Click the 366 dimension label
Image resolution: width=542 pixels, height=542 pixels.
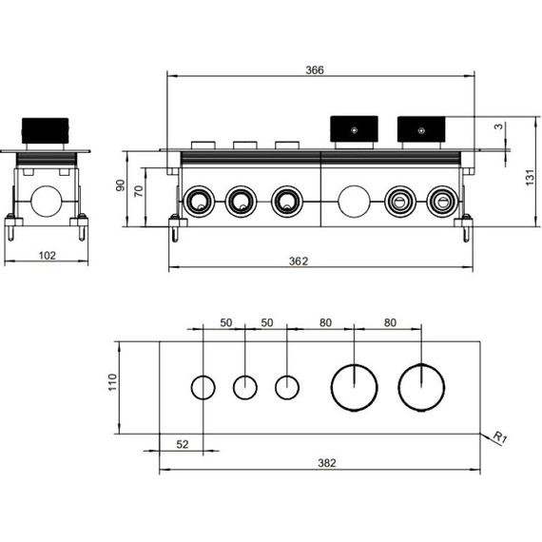coord(315,70)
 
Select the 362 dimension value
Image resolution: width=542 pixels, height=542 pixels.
coord(299,261)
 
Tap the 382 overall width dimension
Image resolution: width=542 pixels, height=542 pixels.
coord(327,462)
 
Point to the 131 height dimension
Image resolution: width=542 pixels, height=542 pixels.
coord(531,177)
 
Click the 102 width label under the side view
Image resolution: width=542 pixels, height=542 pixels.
coord(47,256)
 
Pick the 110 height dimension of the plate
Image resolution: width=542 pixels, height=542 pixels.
coord(113,382)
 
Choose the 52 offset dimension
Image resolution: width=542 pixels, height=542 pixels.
coord(183,444)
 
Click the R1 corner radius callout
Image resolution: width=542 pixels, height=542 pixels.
coord(500,436)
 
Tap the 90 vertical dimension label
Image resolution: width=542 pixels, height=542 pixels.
coord(121,185)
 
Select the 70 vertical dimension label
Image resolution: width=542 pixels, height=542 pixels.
coord(138,191)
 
